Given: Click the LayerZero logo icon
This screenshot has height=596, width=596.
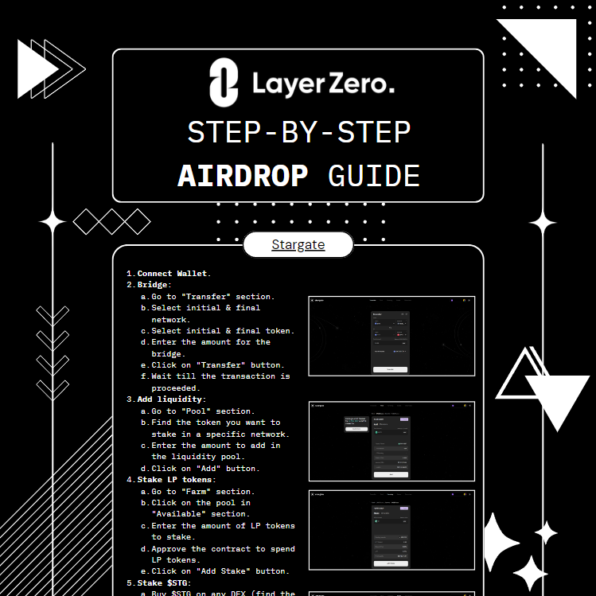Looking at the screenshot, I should [x=224, y=84].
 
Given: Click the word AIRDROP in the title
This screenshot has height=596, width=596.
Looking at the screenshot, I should [x=242, y=176].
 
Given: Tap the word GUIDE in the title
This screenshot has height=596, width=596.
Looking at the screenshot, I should [x=373, y=176].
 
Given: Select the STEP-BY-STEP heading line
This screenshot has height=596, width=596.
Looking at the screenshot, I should [x=298, y=133].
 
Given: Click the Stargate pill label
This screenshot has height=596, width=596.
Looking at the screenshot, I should [x=298, y=244].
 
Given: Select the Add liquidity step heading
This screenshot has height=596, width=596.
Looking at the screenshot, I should [x=170, y=399].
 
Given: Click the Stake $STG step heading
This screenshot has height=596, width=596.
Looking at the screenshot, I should [x=164, y=583].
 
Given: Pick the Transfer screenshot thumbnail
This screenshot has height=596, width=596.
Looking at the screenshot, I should [x=391, y=337].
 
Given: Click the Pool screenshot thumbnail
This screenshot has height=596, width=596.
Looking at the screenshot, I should [x=391, y=441].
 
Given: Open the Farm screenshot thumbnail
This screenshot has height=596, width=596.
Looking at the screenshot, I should [x=391, y=530].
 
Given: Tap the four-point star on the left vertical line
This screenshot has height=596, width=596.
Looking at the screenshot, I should [x=53, y=223].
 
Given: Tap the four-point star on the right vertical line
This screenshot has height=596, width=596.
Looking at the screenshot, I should [x=543, y=223].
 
